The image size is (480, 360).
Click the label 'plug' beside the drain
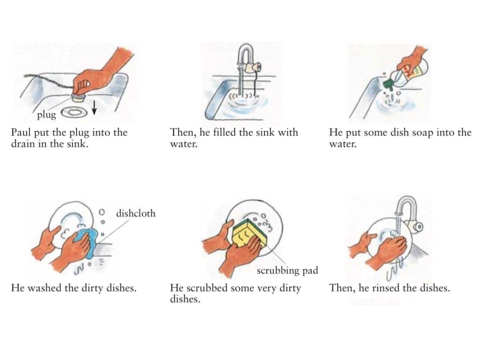[x=46, y=115]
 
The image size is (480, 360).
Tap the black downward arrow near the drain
[x=94, y=108]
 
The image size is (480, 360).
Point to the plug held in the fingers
[x=79, y=97]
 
